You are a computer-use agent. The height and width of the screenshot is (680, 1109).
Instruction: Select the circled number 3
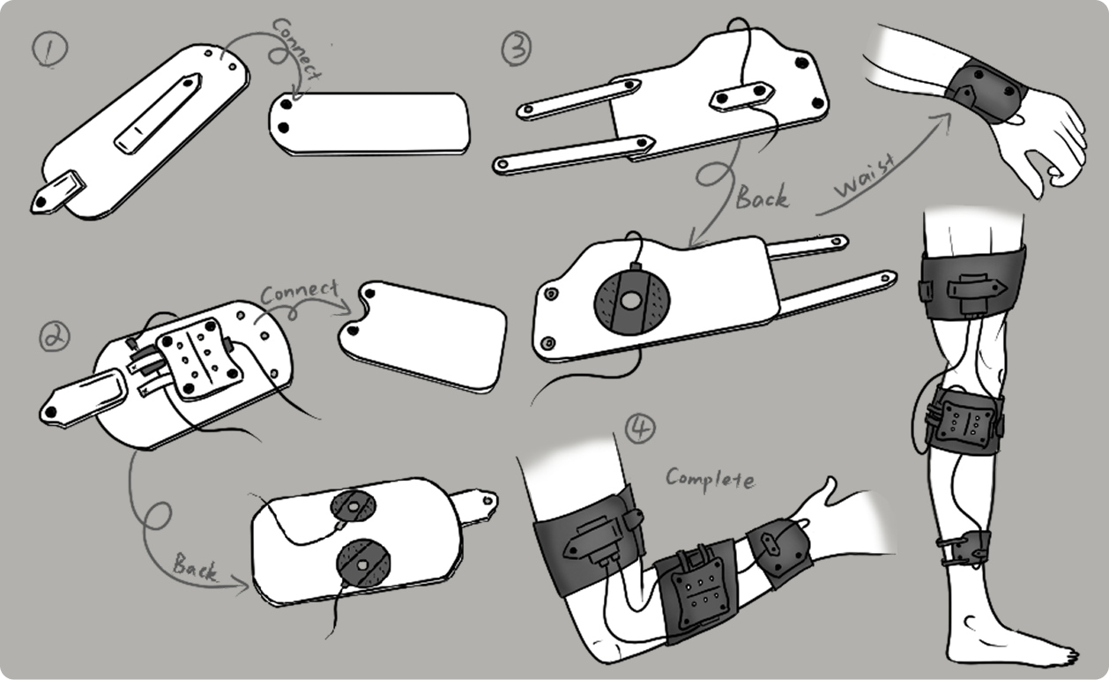[x=517, y=49]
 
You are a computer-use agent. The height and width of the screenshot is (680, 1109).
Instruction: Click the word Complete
[x=710, y=478]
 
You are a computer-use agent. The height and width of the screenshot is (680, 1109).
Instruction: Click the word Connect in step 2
[x=299, y=291]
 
